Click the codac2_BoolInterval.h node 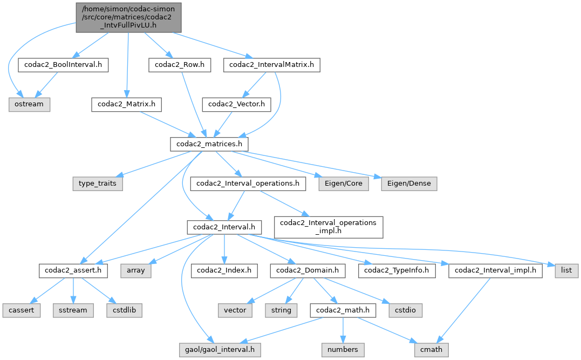click(64, 65)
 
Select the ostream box click(29, 104)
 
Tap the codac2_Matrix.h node click(126, 104)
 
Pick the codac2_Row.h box click(180, 65)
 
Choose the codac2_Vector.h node click(236, 104)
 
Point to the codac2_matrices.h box click(209, 145)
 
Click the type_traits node click(97, 184)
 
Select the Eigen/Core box click(344, 184)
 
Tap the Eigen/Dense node click(409, 184)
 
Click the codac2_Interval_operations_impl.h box click(329, 227)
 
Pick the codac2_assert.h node click(73, 270)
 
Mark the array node click(135, 270)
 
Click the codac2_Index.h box click(224, 270)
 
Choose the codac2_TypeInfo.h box click(400, 270)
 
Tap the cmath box click(431, 350)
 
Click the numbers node click(343, 350)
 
